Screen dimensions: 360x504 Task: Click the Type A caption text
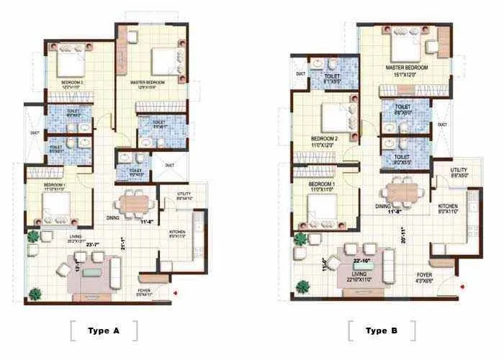(103, 330)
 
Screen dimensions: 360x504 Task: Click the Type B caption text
(381, 330)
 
